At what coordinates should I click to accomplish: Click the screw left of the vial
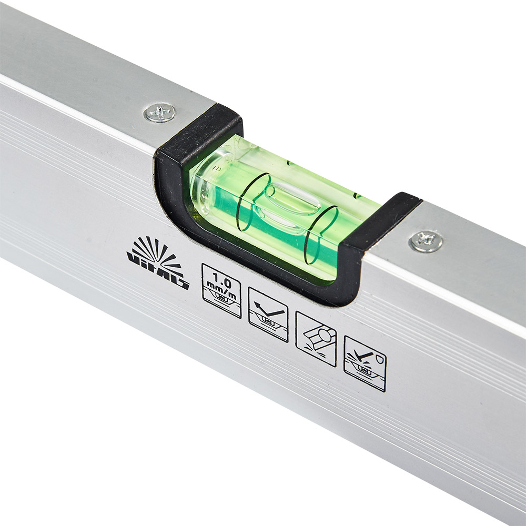pyautogui.click(x=160, y=113)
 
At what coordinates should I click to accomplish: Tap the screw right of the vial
pyautogui.click(x=426, y=241)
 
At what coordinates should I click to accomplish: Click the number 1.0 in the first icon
pyautogui.click(x=222, y=280)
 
